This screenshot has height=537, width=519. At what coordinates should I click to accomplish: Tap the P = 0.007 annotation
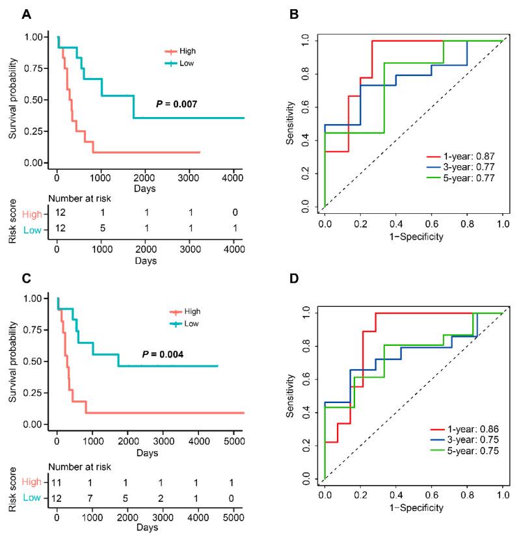pyautogui.click(x=177, y=103)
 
